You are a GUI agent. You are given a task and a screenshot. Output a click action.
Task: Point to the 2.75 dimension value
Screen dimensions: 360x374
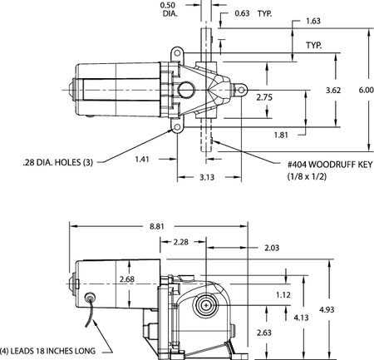[x=263, y=98]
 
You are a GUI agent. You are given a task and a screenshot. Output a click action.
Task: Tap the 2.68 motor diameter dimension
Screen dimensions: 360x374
[x=126, y=279]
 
